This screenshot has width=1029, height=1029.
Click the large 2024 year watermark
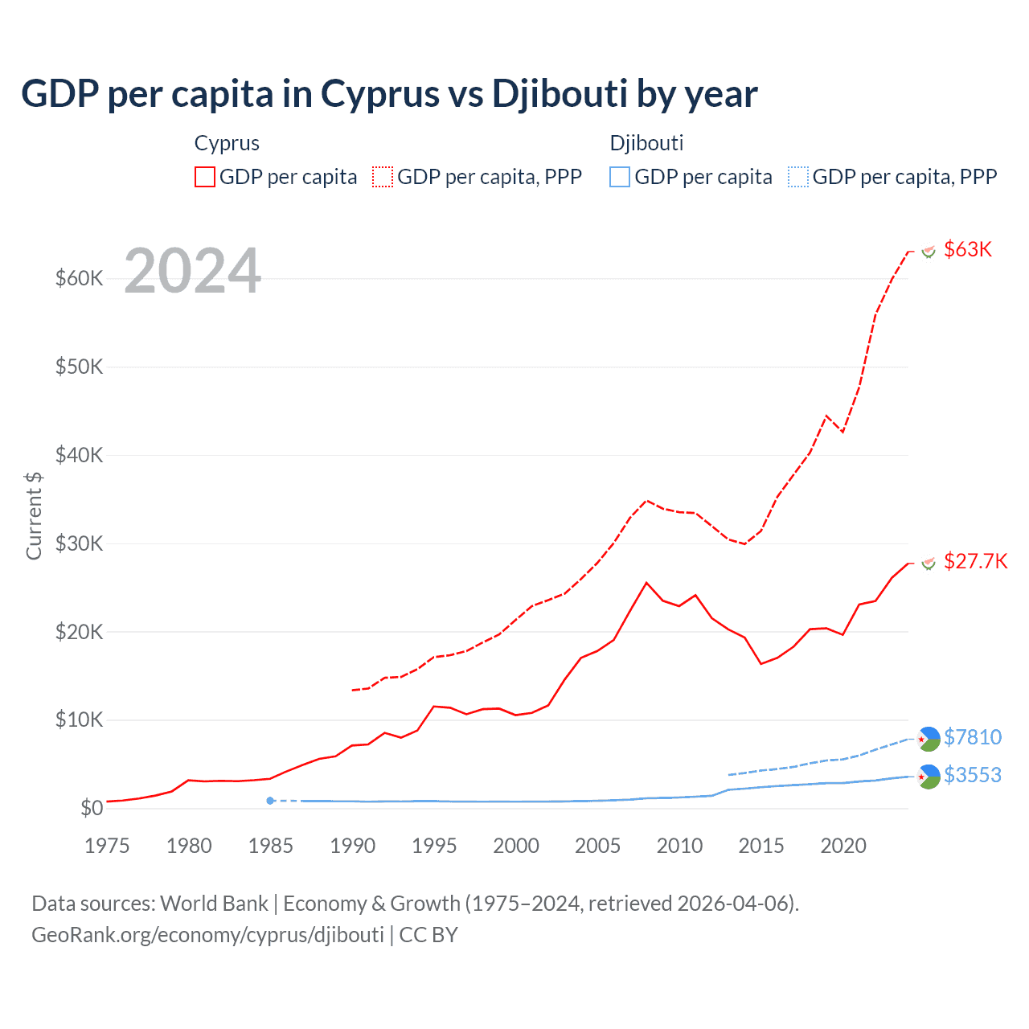pyautogui.click(x=192, y=271)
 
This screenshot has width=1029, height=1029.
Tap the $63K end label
pyautogui.click(x=968, y=249)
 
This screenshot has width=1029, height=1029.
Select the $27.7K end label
pyautogui.click(x=975, y=561)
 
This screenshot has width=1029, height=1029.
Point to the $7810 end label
pyautogui.click(x=973, y=737)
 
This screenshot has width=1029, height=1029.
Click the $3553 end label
pyautogui.click(x=973, y=775)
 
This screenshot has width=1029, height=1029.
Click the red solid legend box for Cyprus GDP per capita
pyautogui.click(x=205, y=177)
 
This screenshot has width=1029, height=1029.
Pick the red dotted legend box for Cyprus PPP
pyautogui.click(x=383, y=177)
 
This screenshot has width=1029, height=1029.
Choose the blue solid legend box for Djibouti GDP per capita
pyautogui.click(x=620, y=177)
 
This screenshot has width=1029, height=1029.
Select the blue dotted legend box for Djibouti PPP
pyautogui.click(x=797, y=177)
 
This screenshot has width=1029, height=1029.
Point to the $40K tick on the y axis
pyautogui.click(x=79, y=455)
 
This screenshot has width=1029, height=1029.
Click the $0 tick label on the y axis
pyautogui.click(x=92, y=808)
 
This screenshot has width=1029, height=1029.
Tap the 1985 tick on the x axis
pyautogui.click(x=270, y=846)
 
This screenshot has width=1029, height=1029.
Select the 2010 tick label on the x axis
pyautogui.click(x=679, y=846)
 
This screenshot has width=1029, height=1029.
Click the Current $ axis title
pyautogui.click(x=34, y=515)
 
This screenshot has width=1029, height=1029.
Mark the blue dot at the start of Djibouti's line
pyautogui.click(x=270, y=801)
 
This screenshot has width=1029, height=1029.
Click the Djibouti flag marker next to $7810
pyautogui.click(x=929, y=738)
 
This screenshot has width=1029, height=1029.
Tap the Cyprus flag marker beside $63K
pyautogui.click(x=929, y=252)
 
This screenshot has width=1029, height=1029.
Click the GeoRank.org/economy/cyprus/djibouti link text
pyautogui.click(x=207, y=935)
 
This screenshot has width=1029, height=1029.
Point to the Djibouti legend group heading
pyautogui.click(x=646, y=143)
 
